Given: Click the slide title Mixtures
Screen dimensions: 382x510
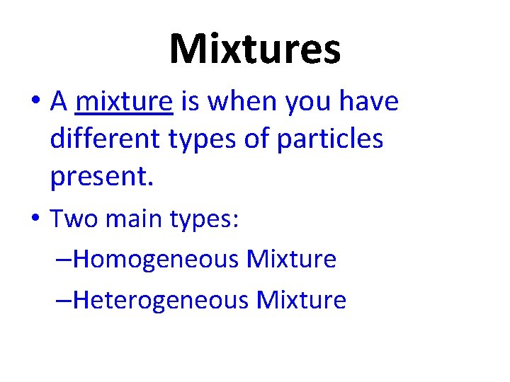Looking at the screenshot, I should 255,50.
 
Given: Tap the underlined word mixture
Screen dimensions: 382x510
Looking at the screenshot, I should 124,103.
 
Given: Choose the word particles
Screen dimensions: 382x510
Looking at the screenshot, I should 330,139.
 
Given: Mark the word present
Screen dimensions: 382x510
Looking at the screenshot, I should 101,178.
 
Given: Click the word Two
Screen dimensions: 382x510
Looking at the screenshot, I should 75,219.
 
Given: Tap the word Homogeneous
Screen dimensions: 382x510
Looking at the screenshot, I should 156,260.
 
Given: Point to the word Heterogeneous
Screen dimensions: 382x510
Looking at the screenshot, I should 161,301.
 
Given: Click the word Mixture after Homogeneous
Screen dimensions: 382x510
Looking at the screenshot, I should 291,260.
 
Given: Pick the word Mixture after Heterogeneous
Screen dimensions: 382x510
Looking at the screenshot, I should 302,301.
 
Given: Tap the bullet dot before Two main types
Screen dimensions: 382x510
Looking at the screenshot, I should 35,220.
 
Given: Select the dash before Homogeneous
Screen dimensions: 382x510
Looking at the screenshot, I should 63,261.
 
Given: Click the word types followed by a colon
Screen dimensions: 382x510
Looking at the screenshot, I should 206,221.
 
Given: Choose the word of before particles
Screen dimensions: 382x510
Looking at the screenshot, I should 256,139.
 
